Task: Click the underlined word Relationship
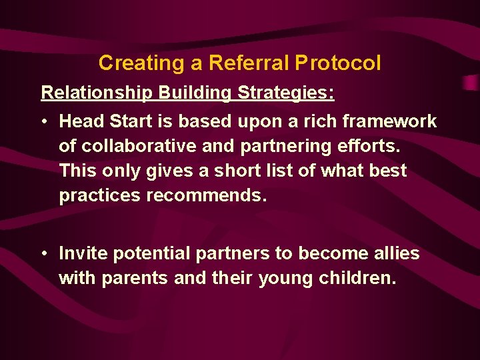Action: (97, 93)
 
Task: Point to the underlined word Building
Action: (194, 93)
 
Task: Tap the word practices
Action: (96, 195)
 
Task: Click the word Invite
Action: (83, 253)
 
